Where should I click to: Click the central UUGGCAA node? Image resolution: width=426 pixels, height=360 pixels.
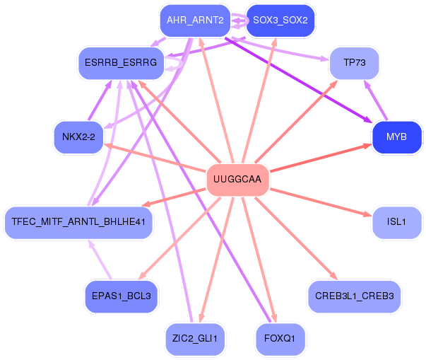tap(237, 180)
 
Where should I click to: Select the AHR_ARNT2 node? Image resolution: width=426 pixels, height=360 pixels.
tap(195, 21)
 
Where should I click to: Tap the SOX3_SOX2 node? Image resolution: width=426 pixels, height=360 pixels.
tap(280, 21)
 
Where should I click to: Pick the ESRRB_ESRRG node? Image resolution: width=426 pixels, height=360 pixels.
tap(121, 63)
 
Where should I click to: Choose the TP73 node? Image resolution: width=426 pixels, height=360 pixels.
tap(354, 63)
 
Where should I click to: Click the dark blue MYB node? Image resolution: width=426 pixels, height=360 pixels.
tap(396, 137)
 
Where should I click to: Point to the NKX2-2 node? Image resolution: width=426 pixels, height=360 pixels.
tap(78, 137)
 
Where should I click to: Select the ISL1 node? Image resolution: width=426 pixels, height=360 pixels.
tap(396, 222)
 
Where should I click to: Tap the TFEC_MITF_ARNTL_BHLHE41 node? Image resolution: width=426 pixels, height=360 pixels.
tap(78, 222)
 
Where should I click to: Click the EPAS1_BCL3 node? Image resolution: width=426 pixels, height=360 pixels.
tap(122, 296)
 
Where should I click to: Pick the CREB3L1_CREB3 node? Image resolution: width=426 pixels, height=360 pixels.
tap(354, 296)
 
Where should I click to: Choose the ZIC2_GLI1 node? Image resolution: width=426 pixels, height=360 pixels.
tap(195, 339)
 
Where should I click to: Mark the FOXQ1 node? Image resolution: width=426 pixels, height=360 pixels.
tap(280, 339)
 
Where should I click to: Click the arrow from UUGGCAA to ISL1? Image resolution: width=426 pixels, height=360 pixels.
tap(321, 202)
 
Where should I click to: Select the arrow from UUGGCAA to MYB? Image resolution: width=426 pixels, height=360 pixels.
tap(321, 158)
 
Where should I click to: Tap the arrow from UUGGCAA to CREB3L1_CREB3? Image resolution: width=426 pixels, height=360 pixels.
tap(296, 238)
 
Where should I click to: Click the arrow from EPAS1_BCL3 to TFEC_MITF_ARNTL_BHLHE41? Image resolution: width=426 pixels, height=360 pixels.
tap(100, 260)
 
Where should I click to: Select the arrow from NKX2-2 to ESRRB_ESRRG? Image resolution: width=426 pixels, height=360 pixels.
tap(100, 100)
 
